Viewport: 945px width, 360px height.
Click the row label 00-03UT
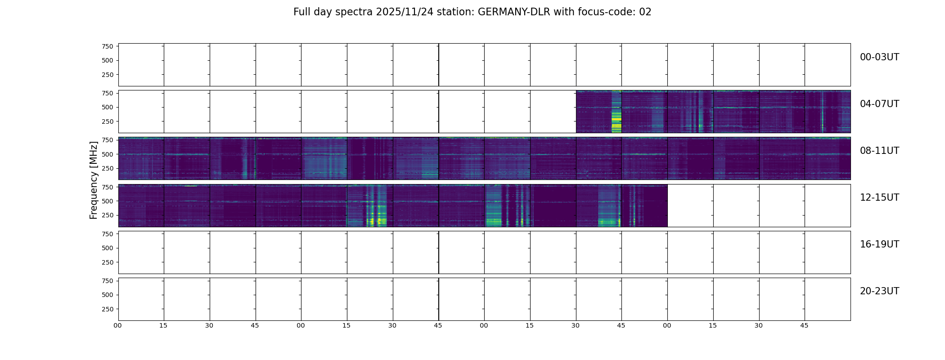(879, 57)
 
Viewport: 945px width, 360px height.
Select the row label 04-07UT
(879, 104)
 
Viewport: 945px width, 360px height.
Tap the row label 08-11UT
(879, 151)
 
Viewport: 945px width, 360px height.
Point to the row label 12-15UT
(879, 198)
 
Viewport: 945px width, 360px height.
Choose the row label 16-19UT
(879, 244)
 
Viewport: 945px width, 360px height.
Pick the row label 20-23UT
(879, 291)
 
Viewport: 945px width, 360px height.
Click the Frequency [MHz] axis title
(94, 180)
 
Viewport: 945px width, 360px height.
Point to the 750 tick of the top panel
(108, 46)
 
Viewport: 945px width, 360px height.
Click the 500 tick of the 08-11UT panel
(108, 154)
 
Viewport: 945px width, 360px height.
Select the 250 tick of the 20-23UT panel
(108, 309)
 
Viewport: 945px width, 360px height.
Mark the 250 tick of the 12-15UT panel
(108, 216)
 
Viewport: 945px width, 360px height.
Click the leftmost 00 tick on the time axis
(118, 325)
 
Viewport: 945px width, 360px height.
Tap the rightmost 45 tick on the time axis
(804, 325)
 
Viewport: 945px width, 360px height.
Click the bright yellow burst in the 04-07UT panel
(616, 119)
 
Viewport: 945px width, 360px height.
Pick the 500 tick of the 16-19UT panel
(108, 248)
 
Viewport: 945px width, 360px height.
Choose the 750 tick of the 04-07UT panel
(108, 93)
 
